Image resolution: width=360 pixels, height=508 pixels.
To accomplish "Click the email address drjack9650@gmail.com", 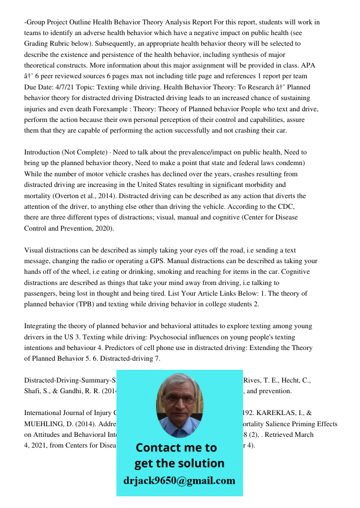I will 179,480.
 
